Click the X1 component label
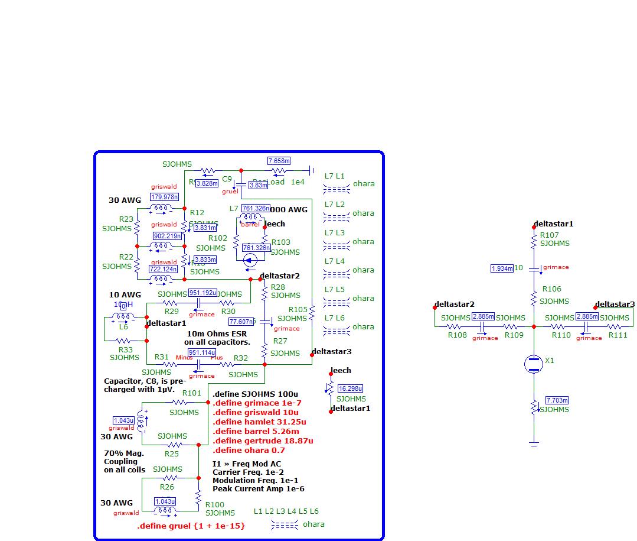550,360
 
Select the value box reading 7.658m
279,161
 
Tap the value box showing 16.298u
350,388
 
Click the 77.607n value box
242,322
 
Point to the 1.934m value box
502,268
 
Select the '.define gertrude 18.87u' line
263,440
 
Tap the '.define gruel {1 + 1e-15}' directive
191,526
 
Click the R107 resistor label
550,235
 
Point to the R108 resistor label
457,335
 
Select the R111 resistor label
618,335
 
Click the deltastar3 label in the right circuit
615,304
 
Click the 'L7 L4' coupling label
335,261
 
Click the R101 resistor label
192,393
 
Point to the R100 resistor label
215,504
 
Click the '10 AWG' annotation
125,294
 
